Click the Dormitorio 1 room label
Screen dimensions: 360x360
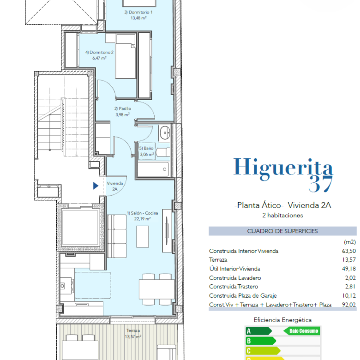[138, 15]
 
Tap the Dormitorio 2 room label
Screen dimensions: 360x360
[99, 55]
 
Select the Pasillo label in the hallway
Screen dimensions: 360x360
[123, 111]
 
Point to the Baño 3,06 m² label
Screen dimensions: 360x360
[147, 151]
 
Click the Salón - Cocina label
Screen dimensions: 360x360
[143, 216]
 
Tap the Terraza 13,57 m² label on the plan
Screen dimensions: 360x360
[133, 333]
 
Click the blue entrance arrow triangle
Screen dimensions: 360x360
[96, 186]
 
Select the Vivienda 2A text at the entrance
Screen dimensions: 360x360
[115, 186]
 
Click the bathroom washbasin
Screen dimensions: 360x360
[165, 133]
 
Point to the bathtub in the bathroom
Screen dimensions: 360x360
[153, 169]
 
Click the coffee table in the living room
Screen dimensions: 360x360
[143, 236]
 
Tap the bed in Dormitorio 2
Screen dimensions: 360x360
[126, 57]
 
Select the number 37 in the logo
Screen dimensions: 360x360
[320, 184]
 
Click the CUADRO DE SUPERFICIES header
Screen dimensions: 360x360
[282, 231]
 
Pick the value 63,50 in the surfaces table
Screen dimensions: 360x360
[349, 251]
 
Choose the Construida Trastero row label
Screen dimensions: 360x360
[234, 287]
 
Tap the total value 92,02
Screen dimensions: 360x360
[349, 305]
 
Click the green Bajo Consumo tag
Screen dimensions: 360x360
[302, 331]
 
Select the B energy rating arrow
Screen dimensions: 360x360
[261, 341]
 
